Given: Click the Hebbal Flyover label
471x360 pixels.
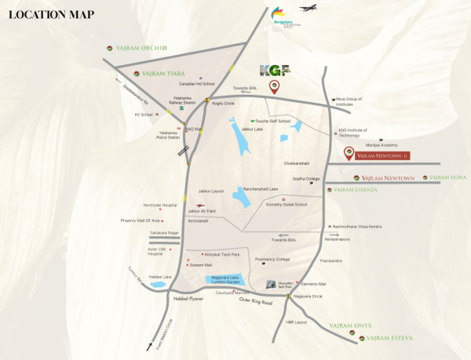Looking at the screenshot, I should point(188,299).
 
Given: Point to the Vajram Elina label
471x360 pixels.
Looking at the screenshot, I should point(450,178).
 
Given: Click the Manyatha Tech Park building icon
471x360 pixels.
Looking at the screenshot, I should point(271,285).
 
